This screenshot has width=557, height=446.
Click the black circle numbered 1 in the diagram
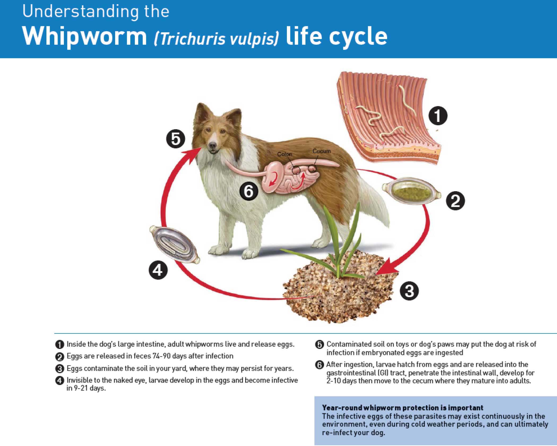[x=438, y=116]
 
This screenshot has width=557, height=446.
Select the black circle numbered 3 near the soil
[x=409, y=291]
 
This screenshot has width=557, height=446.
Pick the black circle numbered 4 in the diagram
[x=158, y=270]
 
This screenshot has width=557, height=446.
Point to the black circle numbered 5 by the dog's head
[x=175, y=139]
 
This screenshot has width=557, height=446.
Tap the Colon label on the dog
[x=284, y=154]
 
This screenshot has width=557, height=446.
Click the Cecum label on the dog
[x=322, y=151]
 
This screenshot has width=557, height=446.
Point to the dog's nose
[x=212, y=145]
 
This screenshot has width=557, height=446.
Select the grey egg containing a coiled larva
[x=175, y=245]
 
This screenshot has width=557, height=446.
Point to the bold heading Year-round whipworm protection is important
[x=403, y=408]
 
